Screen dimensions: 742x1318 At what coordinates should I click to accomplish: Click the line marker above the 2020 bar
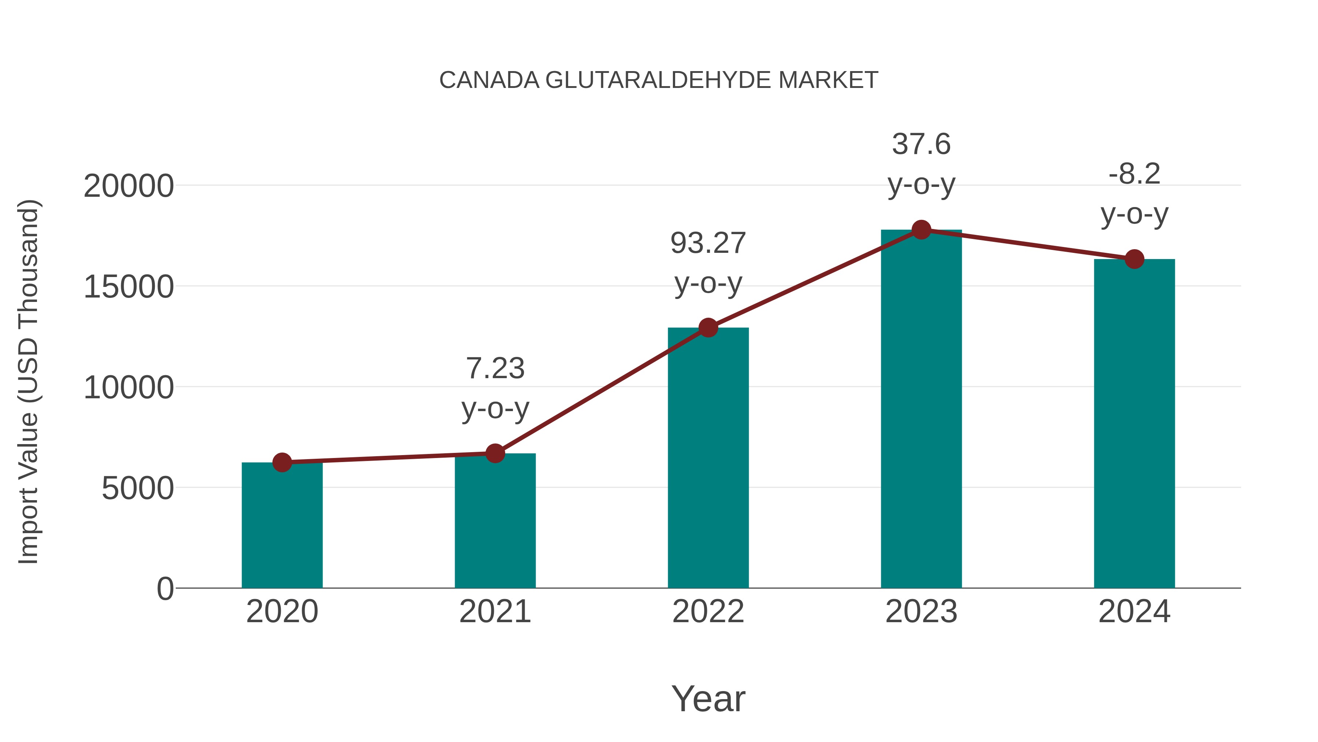(282, 462)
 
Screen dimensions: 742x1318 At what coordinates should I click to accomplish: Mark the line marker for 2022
(708, 327)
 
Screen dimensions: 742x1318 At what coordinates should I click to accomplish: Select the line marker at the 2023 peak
(921, 230)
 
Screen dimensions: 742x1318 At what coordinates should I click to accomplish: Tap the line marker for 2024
(1134, 259)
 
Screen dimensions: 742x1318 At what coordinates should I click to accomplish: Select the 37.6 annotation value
(921, 144)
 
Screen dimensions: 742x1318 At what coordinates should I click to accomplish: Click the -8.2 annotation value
(1134, 174)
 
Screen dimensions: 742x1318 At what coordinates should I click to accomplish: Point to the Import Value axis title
(28, 381)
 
